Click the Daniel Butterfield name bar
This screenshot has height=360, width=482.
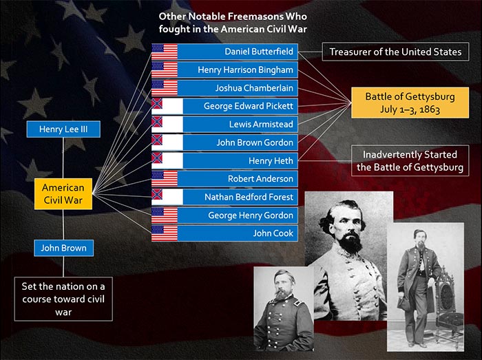[224, 52]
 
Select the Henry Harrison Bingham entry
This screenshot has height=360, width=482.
[224, 70]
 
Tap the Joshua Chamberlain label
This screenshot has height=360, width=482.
[224, 88]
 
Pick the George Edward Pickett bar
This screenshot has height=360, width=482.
[224, 106]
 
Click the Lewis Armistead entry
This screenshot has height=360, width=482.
[224, 125]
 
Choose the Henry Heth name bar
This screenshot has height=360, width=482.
[224, 160]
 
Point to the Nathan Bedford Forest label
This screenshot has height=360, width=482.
[224, 197]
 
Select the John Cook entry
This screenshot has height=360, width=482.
[224, 233]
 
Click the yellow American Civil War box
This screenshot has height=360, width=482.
[63, 194]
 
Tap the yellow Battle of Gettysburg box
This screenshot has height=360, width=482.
[410, 103]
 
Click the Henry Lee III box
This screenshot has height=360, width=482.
[63, 129]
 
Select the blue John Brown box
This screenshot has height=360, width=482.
[63, 248]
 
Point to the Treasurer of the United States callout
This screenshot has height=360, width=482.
[396, 52]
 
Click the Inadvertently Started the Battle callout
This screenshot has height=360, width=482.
[410, 160]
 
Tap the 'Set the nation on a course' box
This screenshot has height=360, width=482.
[63, 299]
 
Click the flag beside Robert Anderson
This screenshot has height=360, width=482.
[165, 179]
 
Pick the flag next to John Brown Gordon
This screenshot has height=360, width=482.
[167, 142]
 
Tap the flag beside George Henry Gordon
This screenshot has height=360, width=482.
[165, 215]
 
